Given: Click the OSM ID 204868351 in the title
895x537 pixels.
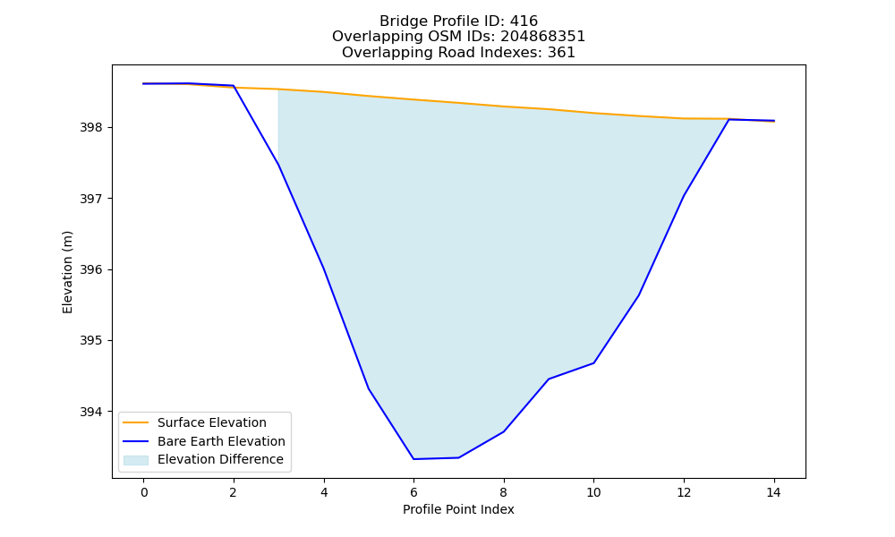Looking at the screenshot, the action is (543, 37).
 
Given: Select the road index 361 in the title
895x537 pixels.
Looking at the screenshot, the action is (561, 53).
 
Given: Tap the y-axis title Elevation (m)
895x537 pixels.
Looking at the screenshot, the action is (67, 272).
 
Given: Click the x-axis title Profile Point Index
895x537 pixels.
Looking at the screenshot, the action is (458, 509).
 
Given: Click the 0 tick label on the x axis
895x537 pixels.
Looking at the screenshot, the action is (144, 492).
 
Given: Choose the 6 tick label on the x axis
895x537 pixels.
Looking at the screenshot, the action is (413, 492).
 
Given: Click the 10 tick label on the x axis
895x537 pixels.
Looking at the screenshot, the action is (593, 492).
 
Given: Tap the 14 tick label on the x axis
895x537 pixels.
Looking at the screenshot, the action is (773, 492).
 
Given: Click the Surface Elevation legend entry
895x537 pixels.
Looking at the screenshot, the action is (195, 422).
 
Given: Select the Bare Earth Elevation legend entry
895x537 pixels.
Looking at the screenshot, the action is (204, 441).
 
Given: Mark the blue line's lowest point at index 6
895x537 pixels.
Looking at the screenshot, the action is (413, 459).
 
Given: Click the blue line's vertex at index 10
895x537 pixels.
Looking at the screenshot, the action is (593, 363).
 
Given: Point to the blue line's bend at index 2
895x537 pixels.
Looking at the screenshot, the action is (234, 86).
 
